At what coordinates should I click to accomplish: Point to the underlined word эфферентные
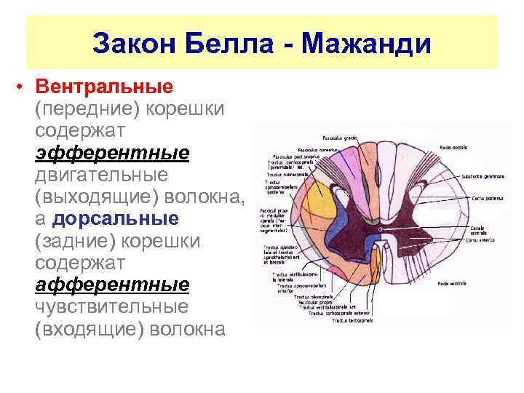[111, 154]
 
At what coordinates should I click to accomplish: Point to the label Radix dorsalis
[455, 148]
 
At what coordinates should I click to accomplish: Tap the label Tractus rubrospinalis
[287, 175]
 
